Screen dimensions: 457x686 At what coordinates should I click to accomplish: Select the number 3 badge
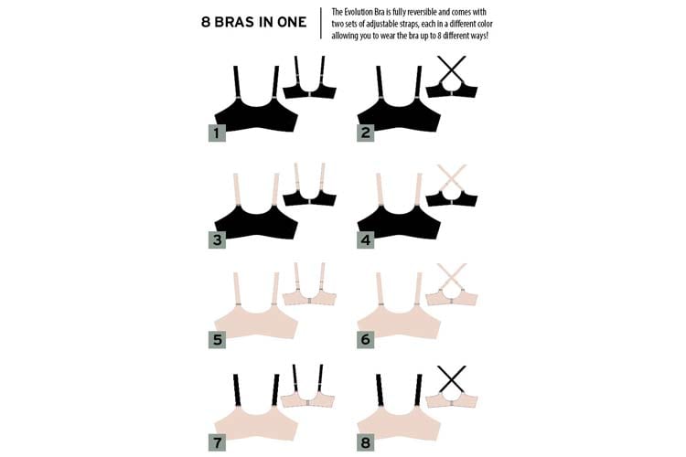point(216,239)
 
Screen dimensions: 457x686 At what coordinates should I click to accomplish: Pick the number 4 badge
point(365,239)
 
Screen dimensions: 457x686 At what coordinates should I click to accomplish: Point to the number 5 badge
point(216,340)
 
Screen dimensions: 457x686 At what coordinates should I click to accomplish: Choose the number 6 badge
point(365,340)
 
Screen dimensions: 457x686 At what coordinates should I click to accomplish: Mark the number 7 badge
point(216,443)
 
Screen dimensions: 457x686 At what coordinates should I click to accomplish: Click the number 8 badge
point(365,443)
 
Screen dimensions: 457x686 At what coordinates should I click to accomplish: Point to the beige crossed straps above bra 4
point(450,175)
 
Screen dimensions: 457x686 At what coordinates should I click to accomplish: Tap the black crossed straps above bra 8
point(450,377)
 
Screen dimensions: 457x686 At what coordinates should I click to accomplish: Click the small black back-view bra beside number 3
point(309,195)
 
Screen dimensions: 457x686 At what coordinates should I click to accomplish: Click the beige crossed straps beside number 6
point(450,275)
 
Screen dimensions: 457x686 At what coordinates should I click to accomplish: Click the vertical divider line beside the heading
point(321,22)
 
